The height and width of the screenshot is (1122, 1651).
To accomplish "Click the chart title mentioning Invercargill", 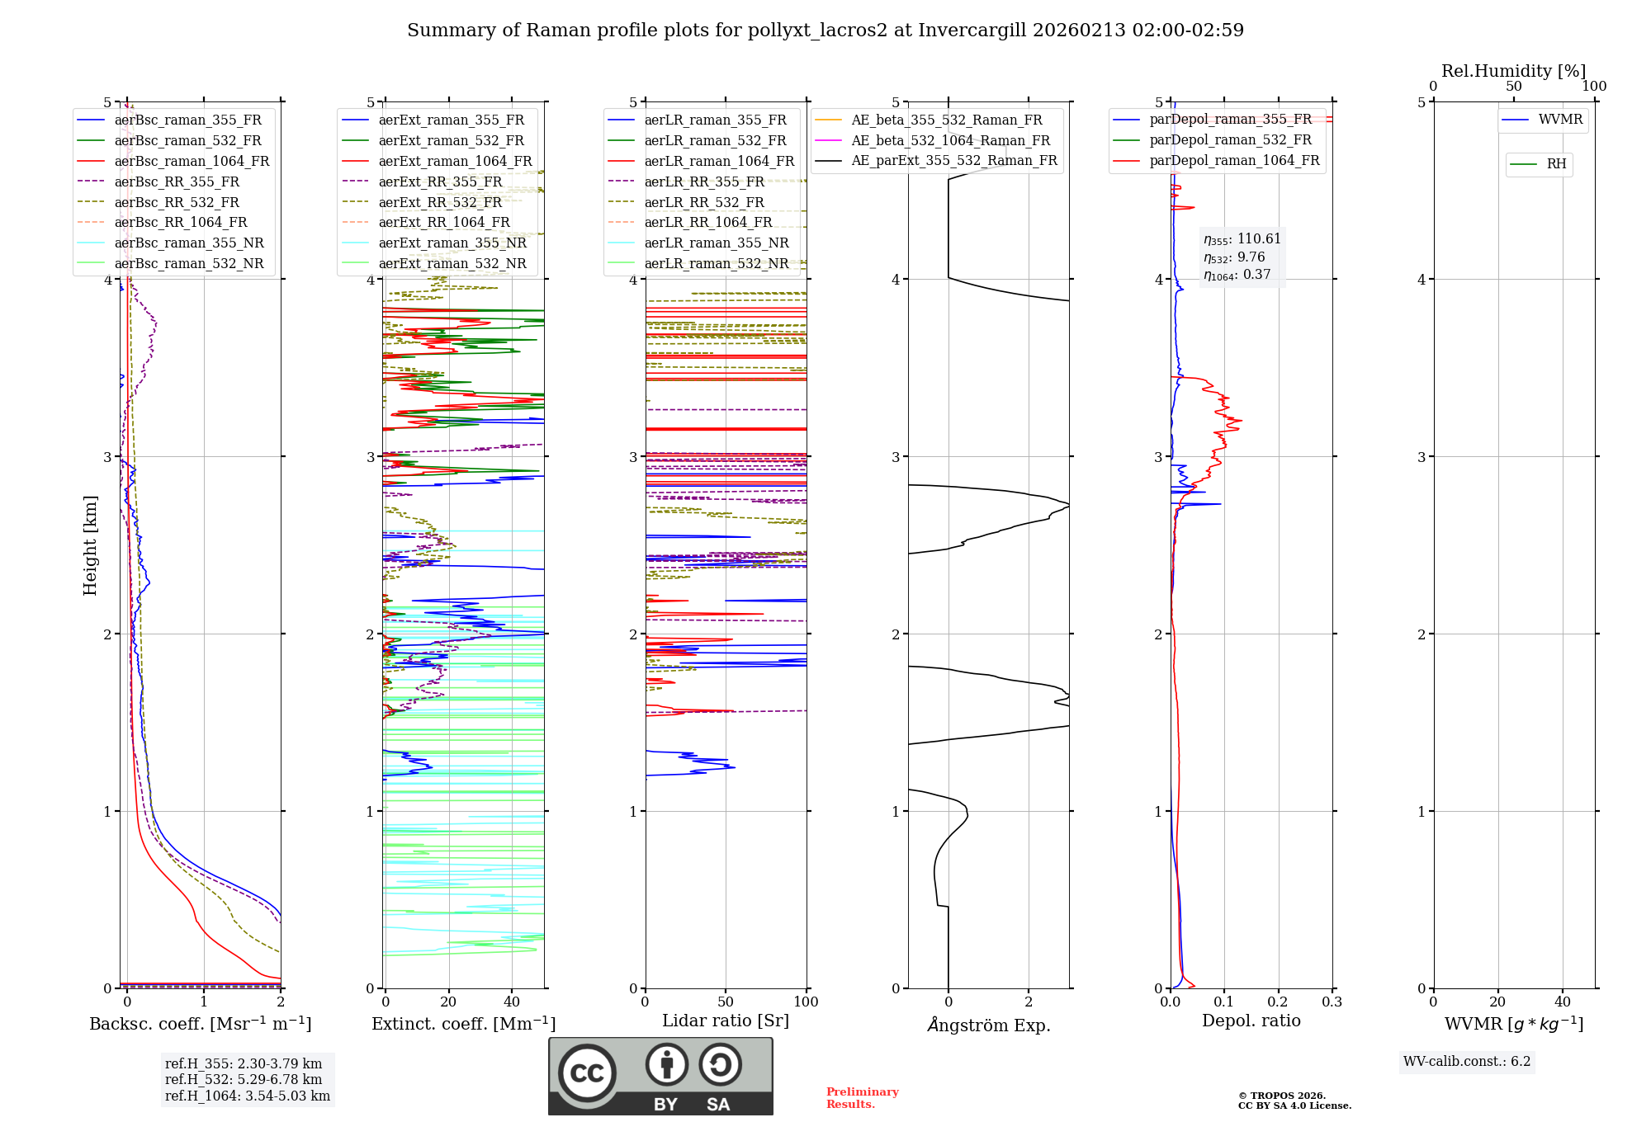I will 825,31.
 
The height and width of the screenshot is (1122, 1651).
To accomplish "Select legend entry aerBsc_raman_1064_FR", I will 192,161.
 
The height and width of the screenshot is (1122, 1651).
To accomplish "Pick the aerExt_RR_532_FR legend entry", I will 440,202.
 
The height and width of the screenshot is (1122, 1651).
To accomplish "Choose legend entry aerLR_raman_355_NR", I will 716,243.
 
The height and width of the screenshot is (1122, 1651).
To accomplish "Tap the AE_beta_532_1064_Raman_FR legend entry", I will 950,140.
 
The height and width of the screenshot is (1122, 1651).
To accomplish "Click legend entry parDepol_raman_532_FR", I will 1230,140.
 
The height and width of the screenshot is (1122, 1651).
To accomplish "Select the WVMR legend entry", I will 1559,120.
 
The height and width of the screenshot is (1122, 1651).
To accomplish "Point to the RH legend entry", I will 1555,164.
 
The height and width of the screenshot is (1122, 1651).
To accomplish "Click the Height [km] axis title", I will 90,544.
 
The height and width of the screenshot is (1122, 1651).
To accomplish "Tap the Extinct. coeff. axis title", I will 463,1024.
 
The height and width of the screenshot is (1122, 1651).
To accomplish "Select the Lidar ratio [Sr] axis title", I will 725,1021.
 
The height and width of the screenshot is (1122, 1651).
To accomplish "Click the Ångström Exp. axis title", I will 988,1025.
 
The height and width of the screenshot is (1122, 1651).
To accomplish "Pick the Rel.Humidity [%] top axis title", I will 1513,71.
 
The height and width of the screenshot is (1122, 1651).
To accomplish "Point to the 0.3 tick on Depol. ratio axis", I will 1332,1002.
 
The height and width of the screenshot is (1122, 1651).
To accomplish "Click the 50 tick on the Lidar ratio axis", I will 725,1002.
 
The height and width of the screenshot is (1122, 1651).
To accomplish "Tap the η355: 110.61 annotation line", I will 1242,239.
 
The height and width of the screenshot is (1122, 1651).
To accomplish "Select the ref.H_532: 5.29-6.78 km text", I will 243,1079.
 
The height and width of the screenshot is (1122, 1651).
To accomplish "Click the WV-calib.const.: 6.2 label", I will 1466,1062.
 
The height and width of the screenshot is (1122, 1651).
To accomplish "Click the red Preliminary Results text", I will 862,1098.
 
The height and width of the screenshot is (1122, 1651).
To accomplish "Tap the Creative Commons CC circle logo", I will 587,1072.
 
